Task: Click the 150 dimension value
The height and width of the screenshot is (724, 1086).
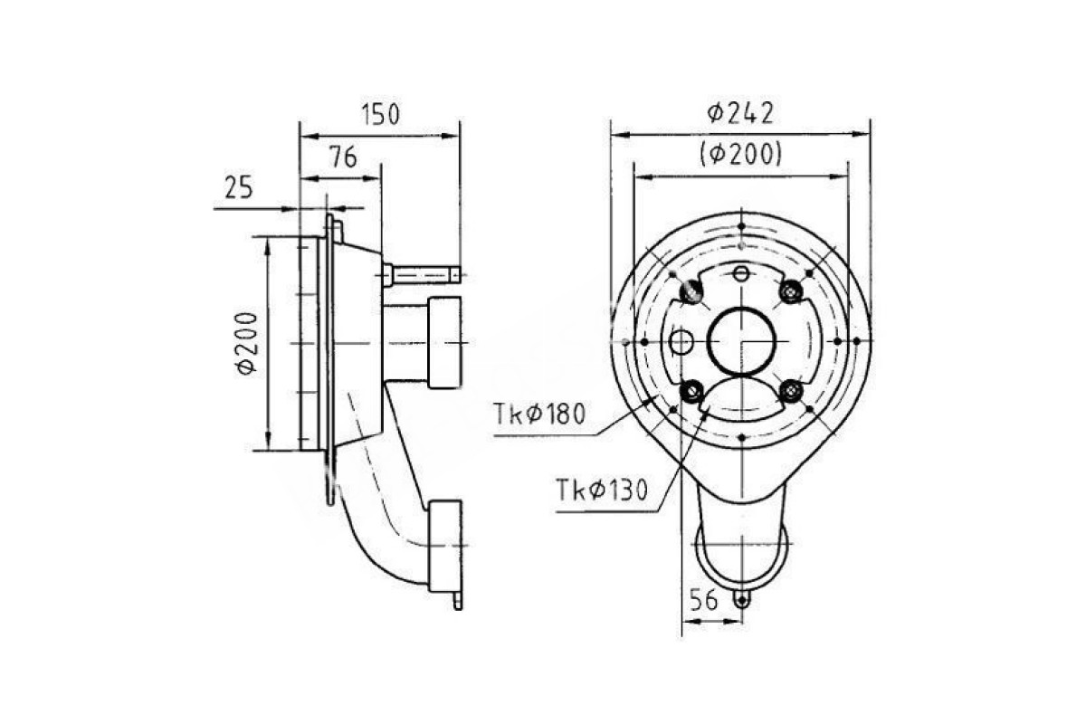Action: tap(381, 115)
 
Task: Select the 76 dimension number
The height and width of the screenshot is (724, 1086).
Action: tap(343, 157)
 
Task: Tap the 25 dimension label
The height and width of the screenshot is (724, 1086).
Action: tap(239, 187)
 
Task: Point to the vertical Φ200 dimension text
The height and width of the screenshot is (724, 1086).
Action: tap(246, 343)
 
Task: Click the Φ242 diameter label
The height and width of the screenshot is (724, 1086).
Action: tap(740, 114)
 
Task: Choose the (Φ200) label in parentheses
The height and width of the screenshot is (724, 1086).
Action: tap(741, 155)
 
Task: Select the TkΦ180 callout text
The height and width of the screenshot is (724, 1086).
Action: tap(539, 414)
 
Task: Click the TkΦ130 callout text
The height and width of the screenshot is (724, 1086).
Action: tap(602, 490)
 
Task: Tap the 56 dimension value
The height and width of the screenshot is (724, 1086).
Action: tap(703, 600)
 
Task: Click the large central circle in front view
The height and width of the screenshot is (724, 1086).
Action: tap(742, 342)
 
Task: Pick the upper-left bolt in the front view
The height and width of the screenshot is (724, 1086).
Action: tap(691, 292)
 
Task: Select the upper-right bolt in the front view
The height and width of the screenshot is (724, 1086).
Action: tap(791, 291)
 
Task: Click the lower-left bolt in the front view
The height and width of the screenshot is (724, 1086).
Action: tap(691, 391)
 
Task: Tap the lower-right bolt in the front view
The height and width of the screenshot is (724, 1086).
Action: tap(791, 391)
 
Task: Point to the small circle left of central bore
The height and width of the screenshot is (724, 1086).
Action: tap(681, 342)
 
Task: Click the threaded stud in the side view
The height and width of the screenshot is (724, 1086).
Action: tap(421, 276)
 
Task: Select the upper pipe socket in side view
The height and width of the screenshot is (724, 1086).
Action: tap(444, 342)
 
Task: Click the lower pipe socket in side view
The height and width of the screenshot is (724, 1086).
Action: tap(445, 546)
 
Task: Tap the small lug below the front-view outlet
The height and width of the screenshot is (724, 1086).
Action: tap(741, 600)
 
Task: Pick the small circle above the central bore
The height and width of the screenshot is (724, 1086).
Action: tap(741, 274)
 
